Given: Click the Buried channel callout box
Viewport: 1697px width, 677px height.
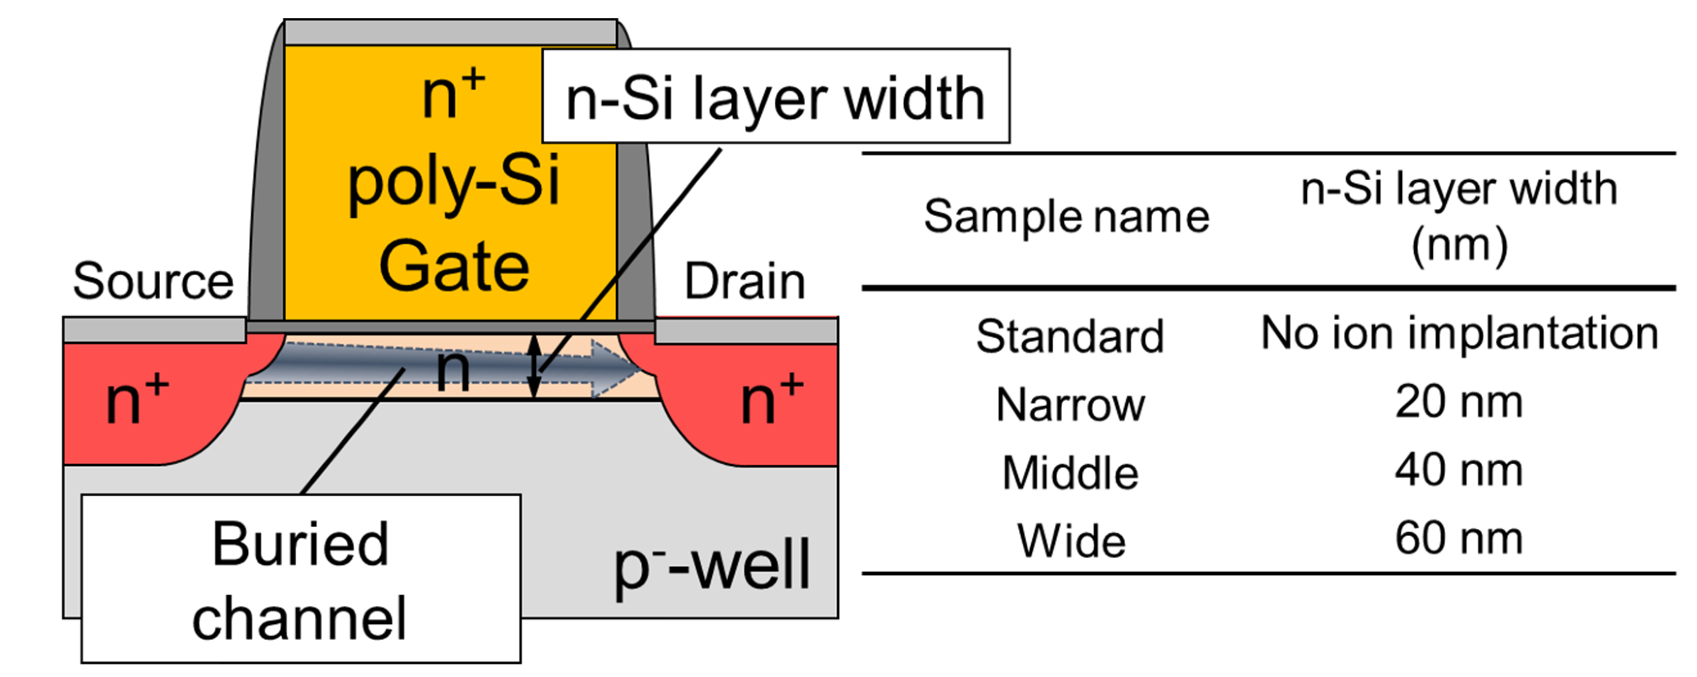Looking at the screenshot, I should (301, 580).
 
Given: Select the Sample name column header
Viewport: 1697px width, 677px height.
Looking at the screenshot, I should (1067, 217).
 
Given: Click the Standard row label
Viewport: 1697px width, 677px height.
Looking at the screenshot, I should (1070, 336).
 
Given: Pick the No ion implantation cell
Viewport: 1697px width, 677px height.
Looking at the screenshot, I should (1459, 333).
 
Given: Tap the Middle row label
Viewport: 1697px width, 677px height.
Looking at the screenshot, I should (1070, 473).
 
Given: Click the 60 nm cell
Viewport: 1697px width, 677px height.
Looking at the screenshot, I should (1458, 539).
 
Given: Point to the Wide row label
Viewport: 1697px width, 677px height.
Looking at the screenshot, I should (1071, 541).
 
